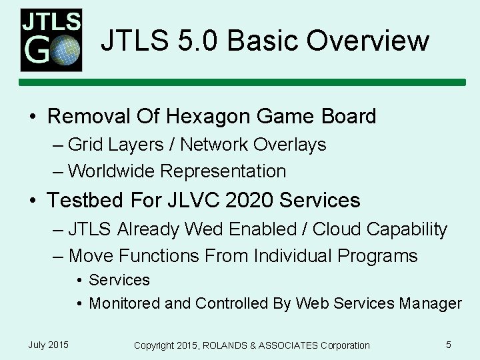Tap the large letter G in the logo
point(37,50)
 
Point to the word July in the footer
point(37,345)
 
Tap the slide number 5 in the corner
point(449,345)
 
